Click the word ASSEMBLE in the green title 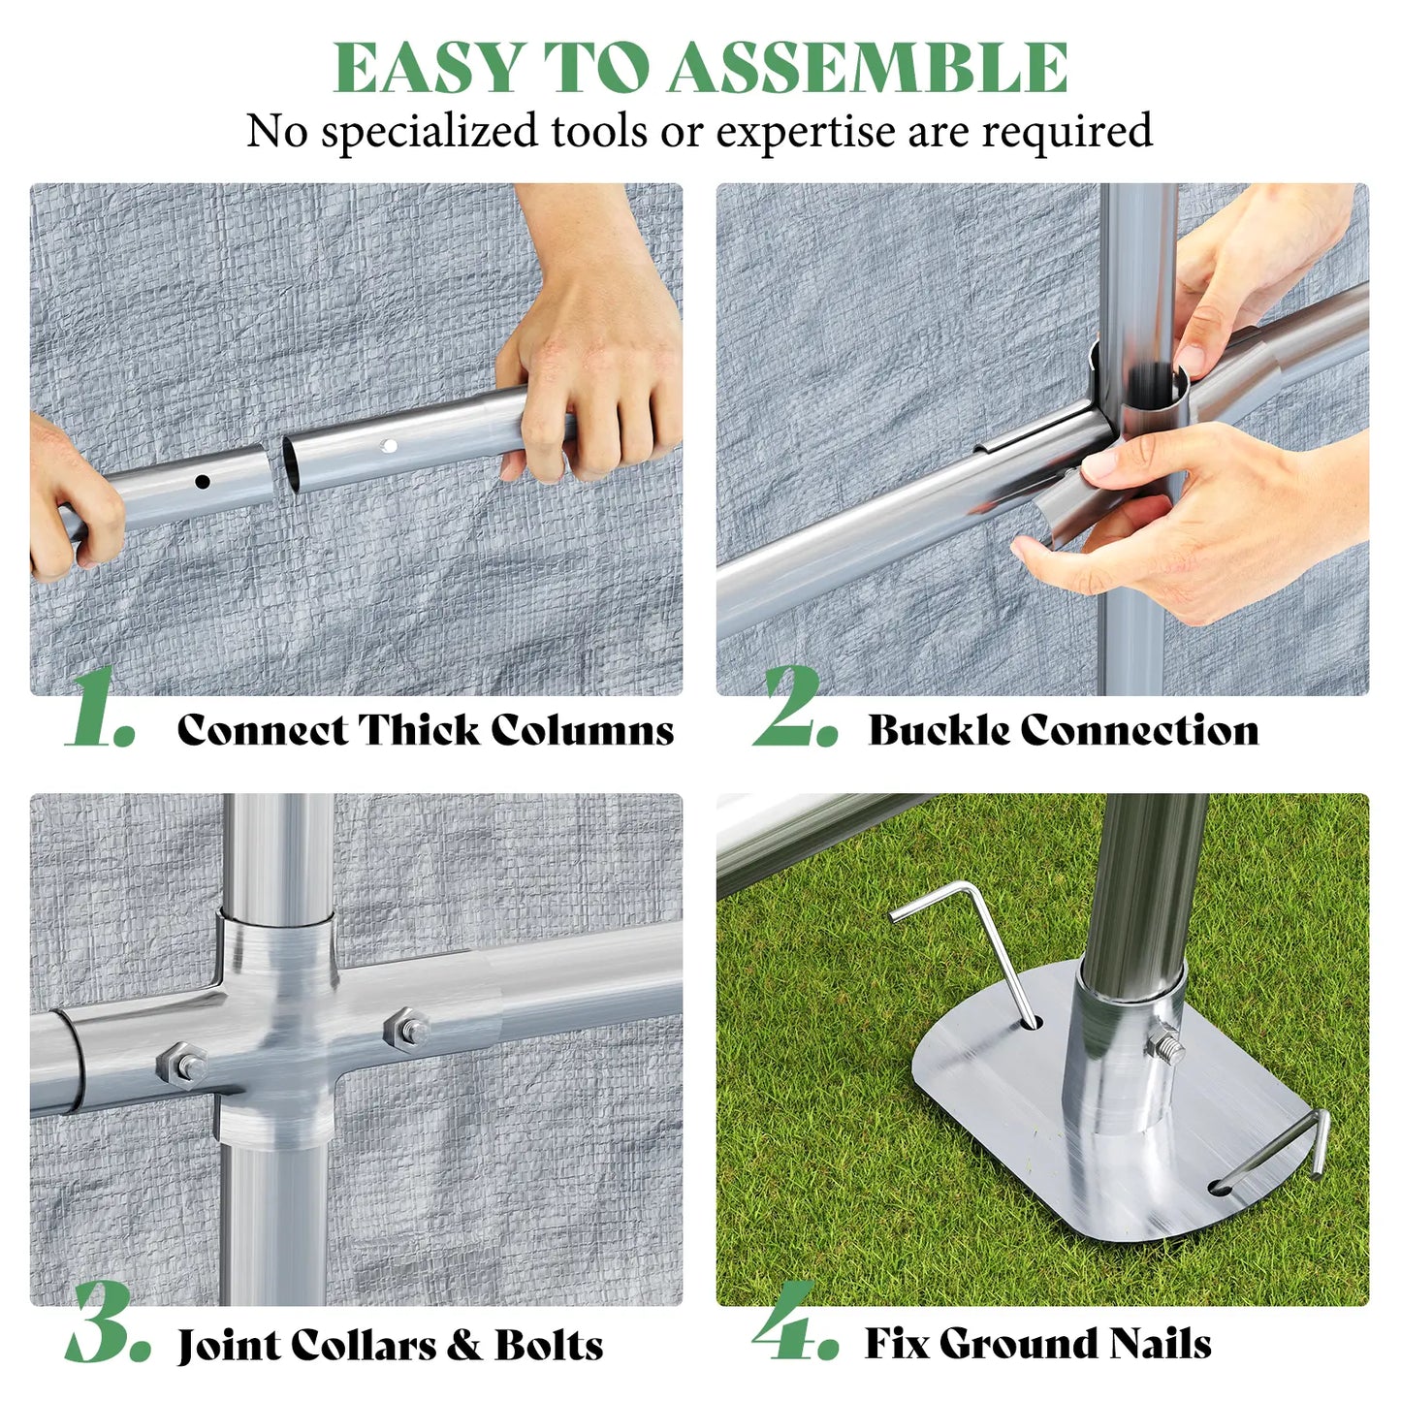point(868,68)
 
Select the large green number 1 point(101,708)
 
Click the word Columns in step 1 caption point(583,729)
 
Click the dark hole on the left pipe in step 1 point(203,481)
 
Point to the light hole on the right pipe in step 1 point(389,446)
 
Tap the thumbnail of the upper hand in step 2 point(1191,357)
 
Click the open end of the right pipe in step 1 point(290,464)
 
